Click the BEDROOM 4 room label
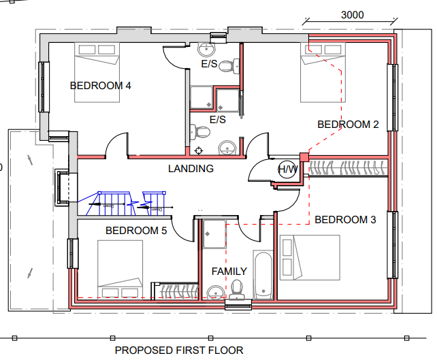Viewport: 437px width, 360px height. point(101,86)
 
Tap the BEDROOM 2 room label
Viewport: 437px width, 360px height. point(348,125)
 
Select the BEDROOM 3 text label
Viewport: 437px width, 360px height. point(345,220)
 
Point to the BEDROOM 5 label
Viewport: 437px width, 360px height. point(136,231)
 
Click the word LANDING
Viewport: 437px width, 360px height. point(191,169)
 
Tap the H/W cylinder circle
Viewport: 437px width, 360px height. point(287,169)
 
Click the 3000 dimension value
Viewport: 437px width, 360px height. point(352,15)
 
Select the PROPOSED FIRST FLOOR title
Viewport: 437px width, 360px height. point(178,350)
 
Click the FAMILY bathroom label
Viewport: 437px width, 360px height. point(229,272)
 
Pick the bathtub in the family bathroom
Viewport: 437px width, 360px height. point(263,275)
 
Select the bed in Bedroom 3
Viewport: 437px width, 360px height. point(309,257)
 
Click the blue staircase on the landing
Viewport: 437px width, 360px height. point(126,201)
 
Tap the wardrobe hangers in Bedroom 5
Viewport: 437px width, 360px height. point(175,291)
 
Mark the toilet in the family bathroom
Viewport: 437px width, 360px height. point(238,289)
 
